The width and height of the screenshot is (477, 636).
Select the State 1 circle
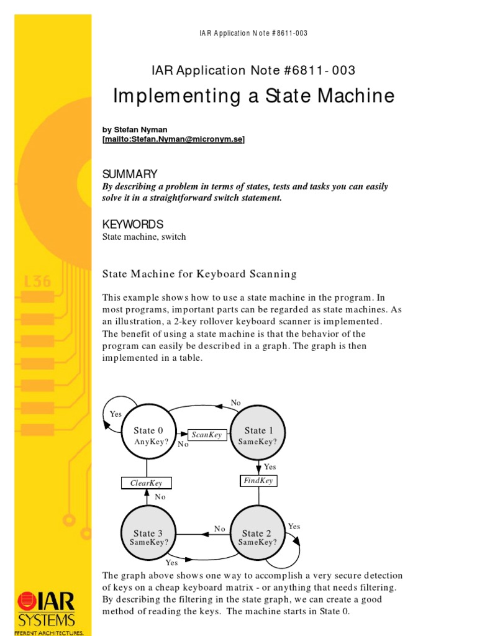(258, 435)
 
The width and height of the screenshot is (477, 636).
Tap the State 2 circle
(257, 536)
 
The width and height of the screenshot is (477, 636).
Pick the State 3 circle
(148, 536)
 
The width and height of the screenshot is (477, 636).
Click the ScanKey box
(207, 435)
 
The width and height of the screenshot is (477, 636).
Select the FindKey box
(258, 481)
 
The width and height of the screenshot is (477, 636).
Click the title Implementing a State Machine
(253, 96)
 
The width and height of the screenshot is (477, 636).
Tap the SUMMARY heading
(130, 174)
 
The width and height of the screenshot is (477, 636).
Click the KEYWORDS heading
(132, 224)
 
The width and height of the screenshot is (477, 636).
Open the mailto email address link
(174, 140)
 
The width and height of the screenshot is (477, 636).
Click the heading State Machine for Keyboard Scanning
(199, 274)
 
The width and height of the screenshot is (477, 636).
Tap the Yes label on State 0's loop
(116, 414)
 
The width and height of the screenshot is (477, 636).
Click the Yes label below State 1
(270, 466)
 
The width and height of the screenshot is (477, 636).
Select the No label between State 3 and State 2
(220, 529)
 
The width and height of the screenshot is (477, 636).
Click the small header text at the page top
(248, 33)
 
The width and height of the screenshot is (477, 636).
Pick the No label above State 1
(235, 403)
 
